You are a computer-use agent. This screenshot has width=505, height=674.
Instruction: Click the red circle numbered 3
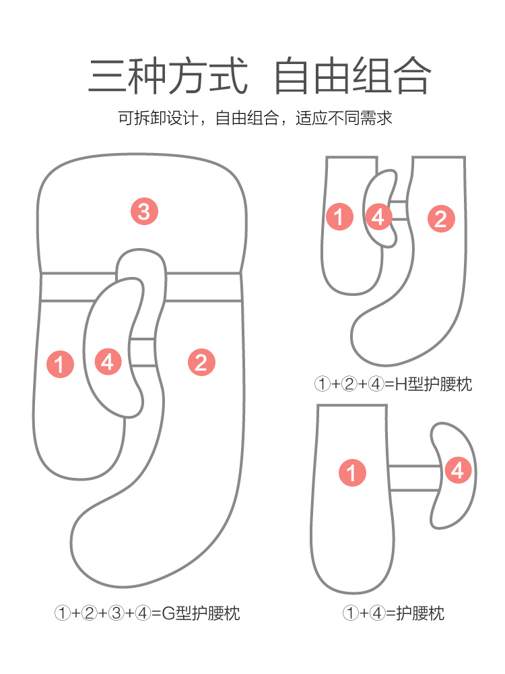144,212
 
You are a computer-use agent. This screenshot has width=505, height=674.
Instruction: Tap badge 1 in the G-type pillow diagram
61,364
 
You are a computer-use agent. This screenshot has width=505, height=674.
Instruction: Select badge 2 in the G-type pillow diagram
200,363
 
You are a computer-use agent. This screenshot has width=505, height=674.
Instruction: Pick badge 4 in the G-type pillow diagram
108,362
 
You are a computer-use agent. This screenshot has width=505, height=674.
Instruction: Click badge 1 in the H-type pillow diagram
339,216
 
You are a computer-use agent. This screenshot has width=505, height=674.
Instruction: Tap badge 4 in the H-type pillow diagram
378,216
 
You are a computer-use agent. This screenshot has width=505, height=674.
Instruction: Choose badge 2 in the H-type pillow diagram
441,218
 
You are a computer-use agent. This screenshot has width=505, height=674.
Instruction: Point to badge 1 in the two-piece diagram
351,472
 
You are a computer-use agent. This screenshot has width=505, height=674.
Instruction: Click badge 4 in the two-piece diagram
458,470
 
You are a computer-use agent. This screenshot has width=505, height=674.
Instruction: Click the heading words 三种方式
168,75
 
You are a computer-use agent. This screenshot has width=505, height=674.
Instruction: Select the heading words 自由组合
352,75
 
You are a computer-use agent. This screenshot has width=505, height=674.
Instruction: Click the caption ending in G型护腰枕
147,613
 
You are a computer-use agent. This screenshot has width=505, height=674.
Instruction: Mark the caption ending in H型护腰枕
393,385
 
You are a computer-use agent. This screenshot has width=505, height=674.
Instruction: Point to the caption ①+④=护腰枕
393,613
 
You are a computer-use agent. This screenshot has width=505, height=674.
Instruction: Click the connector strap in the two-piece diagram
413,477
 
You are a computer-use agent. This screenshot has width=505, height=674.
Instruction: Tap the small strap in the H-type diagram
400,210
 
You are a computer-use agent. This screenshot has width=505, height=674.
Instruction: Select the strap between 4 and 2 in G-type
143,352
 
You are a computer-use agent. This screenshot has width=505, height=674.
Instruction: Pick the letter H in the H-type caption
403,385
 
